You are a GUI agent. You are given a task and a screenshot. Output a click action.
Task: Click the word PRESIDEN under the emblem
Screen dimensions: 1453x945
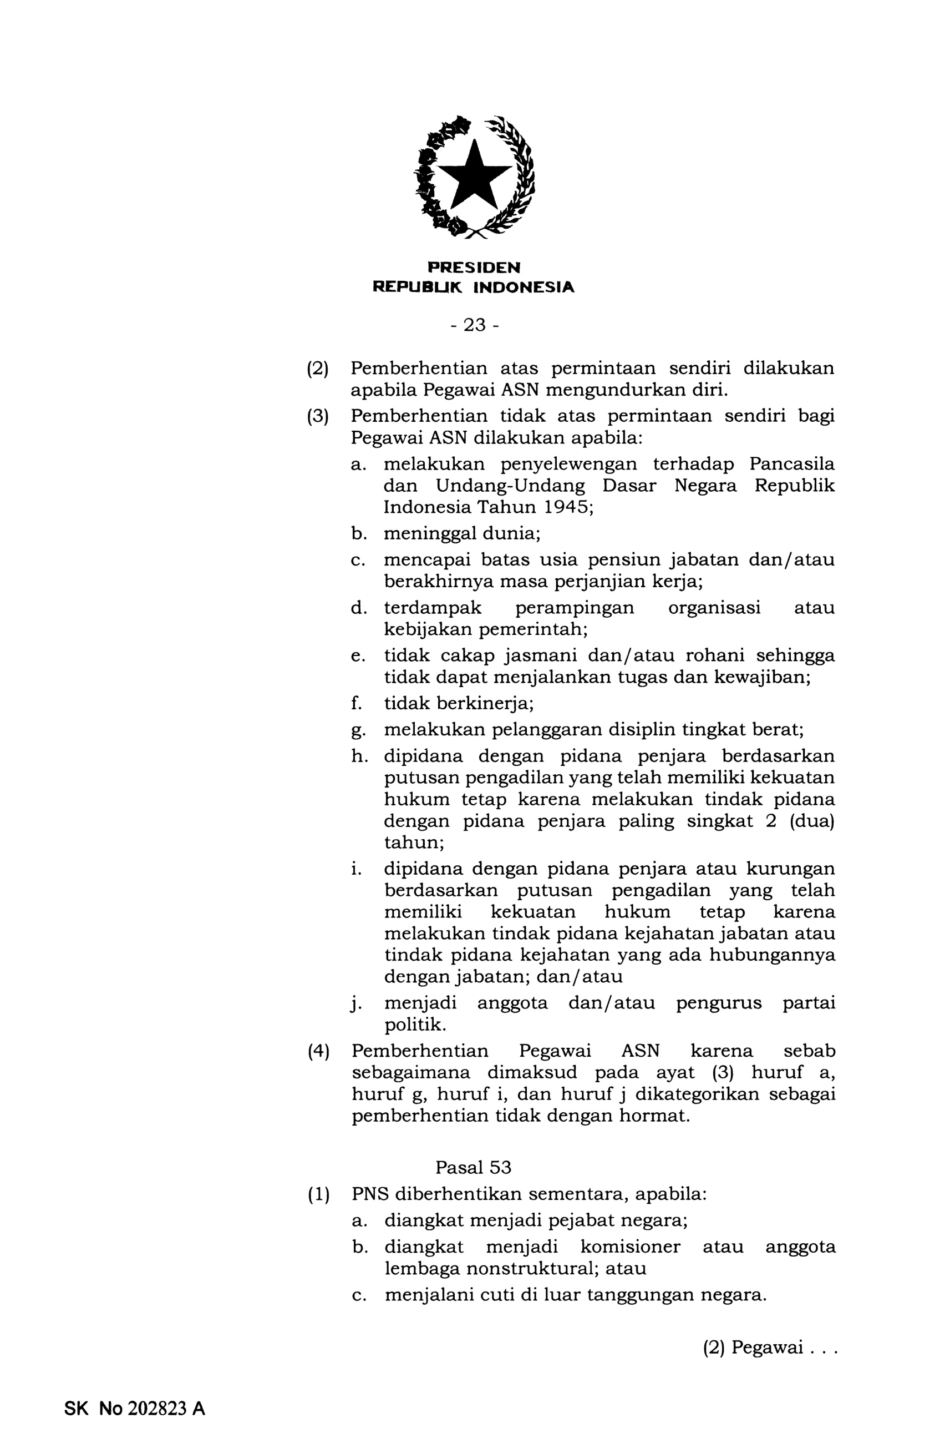pyautogui.click(x=474, y=268)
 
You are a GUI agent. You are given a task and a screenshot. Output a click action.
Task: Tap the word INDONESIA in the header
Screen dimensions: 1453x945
pyautogui.click(x=524, y=287)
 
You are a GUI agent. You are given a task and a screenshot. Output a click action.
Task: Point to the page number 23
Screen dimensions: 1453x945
pyautogui.click(x=474, y=325)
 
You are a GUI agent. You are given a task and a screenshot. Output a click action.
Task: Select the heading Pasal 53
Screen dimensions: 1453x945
pyautogui.click(x=473, y=1167)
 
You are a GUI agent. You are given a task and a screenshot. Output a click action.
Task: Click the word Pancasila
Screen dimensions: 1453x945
pyautogui.click(x=791, y=464)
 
